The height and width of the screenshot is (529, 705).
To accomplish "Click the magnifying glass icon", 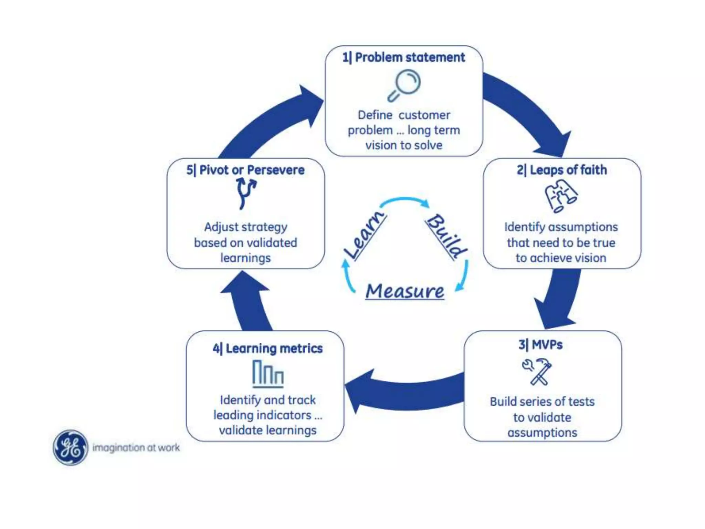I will pos(404,85).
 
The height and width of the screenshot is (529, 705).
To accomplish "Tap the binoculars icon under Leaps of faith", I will pos(561,196).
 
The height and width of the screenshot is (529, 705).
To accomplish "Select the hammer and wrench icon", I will pos(537,372).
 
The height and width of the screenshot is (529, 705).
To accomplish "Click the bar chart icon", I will pos(268,373).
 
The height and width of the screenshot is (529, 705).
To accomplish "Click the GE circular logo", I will pos(71,447).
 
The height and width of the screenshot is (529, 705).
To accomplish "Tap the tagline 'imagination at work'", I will pos(136,447).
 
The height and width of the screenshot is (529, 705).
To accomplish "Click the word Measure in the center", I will pos(405,291).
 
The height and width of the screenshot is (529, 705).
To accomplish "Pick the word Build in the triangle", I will pos(446,236).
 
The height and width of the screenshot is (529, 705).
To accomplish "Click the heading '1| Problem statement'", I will pos(403,57).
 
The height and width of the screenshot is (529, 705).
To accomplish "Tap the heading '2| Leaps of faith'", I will pos(561,170).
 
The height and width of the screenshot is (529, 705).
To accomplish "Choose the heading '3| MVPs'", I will pos(540,344).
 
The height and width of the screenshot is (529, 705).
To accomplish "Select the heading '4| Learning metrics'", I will pos(267,349).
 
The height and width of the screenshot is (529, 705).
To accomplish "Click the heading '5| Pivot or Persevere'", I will pos(245,170).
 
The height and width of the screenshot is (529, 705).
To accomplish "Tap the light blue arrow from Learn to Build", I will pos(405,201).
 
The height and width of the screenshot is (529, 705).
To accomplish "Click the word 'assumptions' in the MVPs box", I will pos(542,433).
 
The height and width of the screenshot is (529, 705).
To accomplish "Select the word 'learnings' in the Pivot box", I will pos(245,258).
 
